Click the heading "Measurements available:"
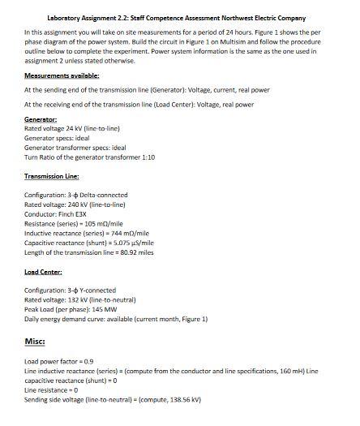(62, 75)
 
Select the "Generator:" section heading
(40, 119)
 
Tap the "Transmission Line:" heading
(54, 175)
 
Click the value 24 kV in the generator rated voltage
(73, 128)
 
